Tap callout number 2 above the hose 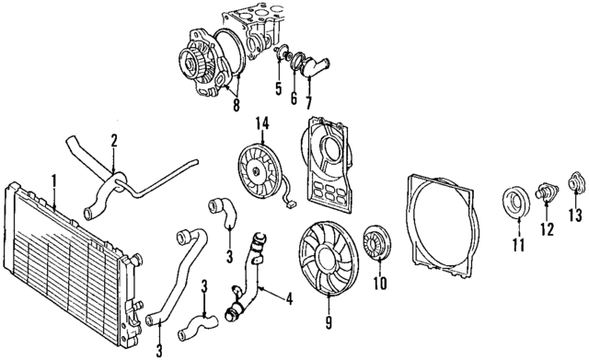coord(113,142)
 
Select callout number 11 coord(515,244)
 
